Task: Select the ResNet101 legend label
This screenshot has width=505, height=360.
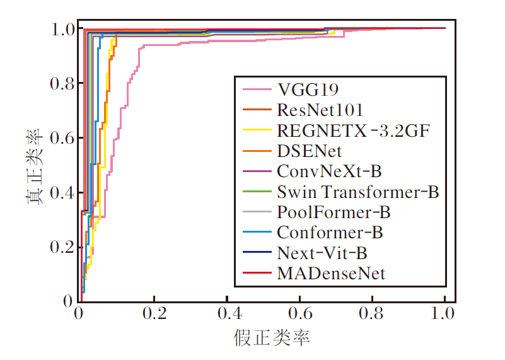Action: tap(320, 110)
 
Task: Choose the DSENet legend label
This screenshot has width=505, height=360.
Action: tap(309, 151)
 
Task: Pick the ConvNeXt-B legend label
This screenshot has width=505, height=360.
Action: tap(330, 171)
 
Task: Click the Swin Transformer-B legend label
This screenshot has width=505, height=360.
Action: tap(357, 192)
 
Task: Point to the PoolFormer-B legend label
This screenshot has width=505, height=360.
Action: tap(334, 212)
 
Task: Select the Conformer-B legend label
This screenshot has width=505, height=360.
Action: tap(330, 233)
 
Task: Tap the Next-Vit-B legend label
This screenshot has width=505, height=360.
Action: tap(322, 253)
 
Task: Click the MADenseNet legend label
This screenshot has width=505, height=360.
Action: tap(330, 274)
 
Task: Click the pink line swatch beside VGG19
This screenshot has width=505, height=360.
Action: tap(253, 89)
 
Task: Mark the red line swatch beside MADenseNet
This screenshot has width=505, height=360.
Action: tap(253, 274)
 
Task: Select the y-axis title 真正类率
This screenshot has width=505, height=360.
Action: tap(34, 166)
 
